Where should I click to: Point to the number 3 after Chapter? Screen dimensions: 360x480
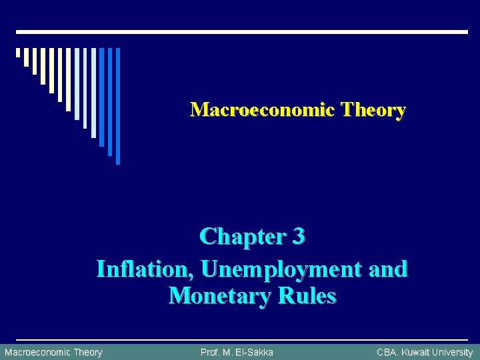(x=299, y=237)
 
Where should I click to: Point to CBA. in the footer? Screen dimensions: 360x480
(x=387, y=352)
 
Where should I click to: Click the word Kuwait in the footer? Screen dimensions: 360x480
(x=416, y=352)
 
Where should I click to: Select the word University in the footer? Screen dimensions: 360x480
(x=453, y=352)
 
